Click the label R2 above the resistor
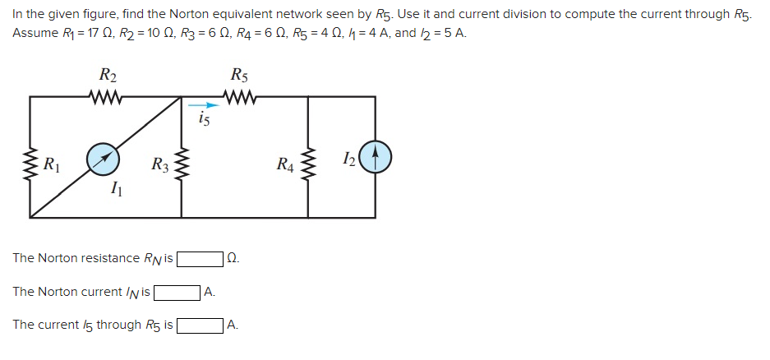coord(108,76)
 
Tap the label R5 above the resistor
coord(239,76)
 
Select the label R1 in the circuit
coord(52,162)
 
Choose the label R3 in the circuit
coord(159,163)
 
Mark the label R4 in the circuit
coord(285,163)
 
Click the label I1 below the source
coord(116,191)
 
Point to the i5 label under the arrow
coord(205,120)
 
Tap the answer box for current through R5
coord(200,325)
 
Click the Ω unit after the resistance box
coord(232,259)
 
